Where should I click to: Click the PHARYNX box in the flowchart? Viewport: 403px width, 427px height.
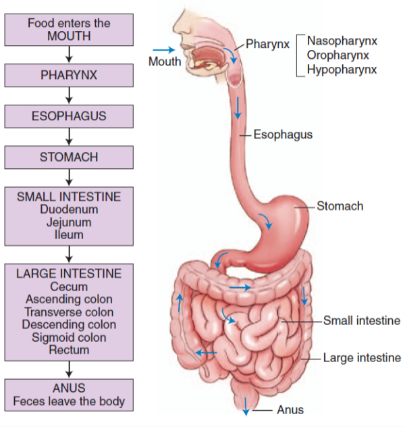click(x=68, y=75)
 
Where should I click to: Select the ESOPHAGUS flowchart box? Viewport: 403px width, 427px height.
click(x=68, y=116)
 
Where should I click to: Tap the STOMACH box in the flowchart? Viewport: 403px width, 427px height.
click(x=68, y=157)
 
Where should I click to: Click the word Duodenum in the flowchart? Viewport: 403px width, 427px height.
click(x=68, y=209)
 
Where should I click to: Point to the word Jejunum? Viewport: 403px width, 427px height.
click(x=68, y=222)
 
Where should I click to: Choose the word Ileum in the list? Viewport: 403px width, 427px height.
click(x=68, y=234)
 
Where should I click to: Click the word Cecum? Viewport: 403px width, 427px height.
click(x=68, y=286)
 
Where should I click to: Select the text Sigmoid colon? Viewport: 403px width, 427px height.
click(x=68, y=338)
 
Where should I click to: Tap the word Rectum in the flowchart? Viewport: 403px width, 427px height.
click(x=68, y=350)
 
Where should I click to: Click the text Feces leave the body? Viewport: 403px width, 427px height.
click(x=68, y=401)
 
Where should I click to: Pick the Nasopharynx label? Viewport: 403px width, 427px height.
click(x=342, y=41)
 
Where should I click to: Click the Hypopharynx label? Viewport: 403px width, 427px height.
click(x=342, y=69)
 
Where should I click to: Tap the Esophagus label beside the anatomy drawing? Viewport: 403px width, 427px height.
click(x=283, y=134)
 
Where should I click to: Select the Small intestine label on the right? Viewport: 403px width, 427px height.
click(x=361, y=320)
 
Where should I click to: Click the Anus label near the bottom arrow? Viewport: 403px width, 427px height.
click(x=290, y=409)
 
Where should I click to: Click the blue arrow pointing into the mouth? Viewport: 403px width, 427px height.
click(x=163, y=49)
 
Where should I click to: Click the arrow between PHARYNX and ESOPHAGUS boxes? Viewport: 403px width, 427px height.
click(x=68, y=95)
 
